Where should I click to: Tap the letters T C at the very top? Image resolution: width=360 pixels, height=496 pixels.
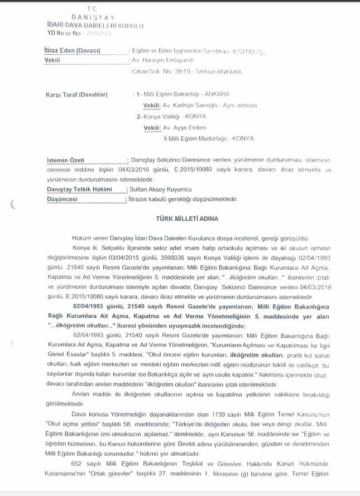92,9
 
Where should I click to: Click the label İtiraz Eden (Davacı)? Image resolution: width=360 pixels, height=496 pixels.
72,51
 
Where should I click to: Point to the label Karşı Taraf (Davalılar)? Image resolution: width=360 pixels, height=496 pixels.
76,94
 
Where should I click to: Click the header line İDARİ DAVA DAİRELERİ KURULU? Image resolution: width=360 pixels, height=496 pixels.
95,26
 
